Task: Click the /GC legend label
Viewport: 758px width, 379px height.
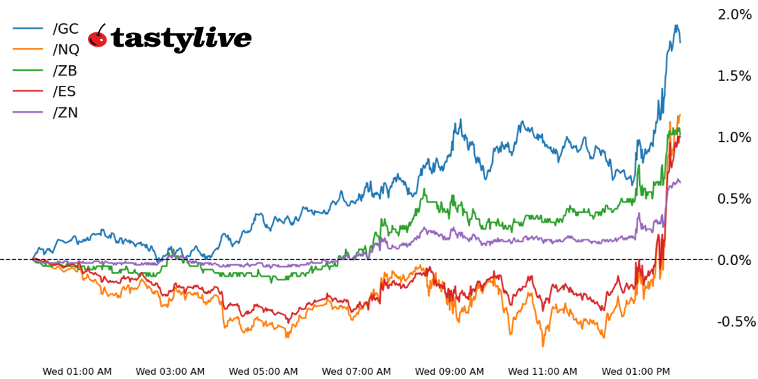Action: [65, 29]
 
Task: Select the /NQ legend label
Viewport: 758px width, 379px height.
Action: [66, 49]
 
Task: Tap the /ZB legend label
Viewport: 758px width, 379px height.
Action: [65, 71]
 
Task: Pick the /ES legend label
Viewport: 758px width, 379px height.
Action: [65, 91]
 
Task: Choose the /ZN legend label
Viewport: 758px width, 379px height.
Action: [65, 113]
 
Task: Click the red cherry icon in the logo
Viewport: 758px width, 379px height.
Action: [98, 37]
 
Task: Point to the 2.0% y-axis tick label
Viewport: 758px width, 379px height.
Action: [735, 14]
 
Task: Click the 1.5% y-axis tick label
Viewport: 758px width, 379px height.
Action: [735, 76]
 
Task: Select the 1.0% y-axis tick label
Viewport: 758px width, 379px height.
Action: [735, 137]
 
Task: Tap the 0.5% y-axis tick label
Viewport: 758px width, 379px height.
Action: [735, 198]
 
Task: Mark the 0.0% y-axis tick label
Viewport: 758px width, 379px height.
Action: [735, 260]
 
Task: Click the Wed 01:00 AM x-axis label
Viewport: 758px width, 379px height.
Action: [77, 371]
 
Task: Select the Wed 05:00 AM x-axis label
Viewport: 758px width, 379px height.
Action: [263, 371]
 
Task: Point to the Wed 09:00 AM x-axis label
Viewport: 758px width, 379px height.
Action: [449, 371]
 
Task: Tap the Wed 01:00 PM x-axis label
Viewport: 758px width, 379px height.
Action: [636, 371]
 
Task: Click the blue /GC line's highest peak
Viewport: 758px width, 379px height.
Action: [676, 26]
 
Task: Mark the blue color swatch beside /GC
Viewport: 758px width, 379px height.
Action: [28, 29]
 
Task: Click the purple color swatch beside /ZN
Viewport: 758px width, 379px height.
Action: [28, 113]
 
